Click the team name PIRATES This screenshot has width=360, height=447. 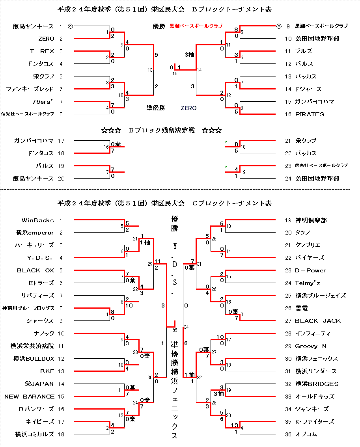click(x=310, y=114)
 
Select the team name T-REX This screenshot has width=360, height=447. click(x=42, y=51)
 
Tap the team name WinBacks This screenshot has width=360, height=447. click(x=37, y=220)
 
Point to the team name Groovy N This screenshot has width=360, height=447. click(x=311, y=346)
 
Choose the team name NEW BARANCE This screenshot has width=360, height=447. click(x=29, y=397)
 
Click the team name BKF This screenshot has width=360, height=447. click(x=47, y=371)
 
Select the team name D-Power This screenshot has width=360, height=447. click(x=310, y=270)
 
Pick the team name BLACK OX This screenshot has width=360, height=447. click(x=35, y=270)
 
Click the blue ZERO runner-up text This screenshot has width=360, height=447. click(x=188, y=108)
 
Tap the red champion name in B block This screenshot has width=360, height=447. click(x=196, y=26)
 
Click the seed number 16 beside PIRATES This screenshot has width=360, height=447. click(x=288, y=114)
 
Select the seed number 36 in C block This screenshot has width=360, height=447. click(x=288, y=434)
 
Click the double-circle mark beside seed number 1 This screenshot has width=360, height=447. click(x=70, y=26)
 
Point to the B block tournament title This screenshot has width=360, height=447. click(x=164, y=9)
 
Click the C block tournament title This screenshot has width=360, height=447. click(x=164, y=203)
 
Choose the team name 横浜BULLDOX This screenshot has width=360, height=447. click(x=34, y=359)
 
